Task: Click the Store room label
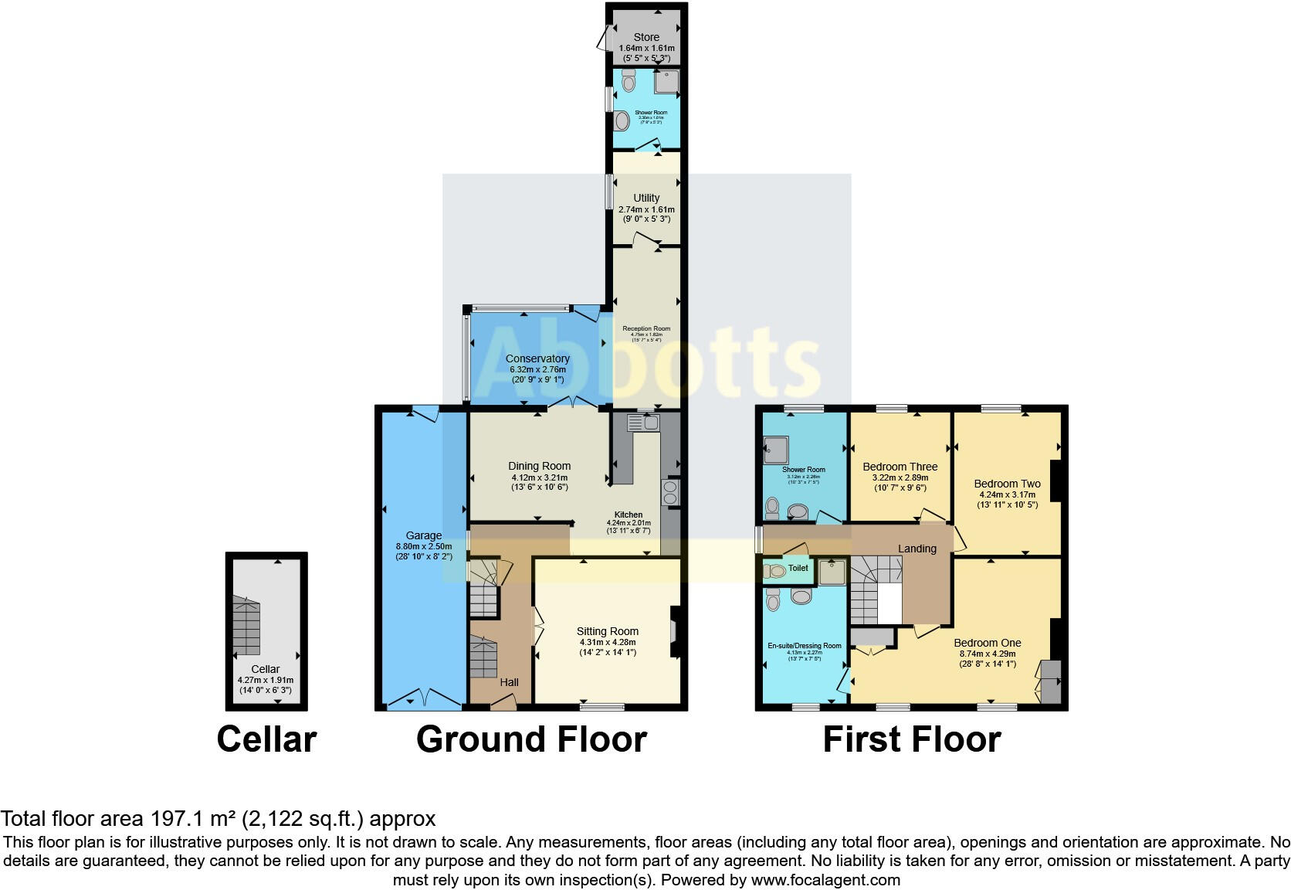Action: pos(646,37)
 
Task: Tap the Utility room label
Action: pos(646,198)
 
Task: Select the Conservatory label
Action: pos(537,358)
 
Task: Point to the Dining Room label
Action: pos(539,466)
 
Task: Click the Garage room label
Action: pos(424,535)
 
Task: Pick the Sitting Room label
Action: pos(607,631)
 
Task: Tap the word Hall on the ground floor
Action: pos(509,682)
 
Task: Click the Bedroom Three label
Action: pos(900,467)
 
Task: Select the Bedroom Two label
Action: pos(1007,484)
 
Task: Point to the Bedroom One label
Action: pos(987,643)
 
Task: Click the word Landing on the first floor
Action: pos(917,549)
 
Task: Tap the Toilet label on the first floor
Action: pos(798,568)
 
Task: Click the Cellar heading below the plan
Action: pos(266,739)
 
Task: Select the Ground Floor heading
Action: pos(531,739)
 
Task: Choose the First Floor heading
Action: pos(911,739)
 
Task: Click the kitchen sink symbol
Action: pos(642,422)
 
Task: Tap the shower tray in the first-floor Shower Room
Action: pos(774,450)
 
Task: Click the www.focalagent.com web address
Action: pos(825,880)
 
